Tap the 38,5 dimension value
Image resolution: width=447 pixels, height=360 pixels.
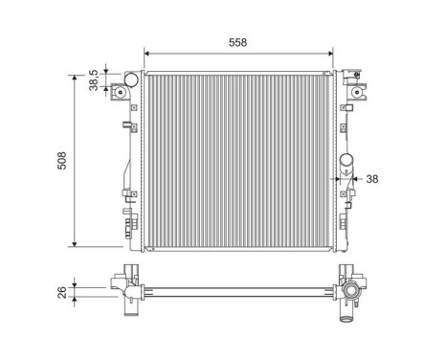[94, 79]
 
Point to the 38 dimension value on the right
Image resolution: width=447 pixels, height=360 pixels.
[372, 178]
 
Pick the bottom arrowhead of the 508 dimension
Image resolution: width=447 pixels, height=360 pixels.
[76, 245]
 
